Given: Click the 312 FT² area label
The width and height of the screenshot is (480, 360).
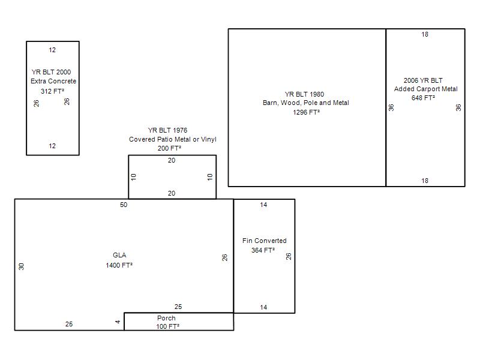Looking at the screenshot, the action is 52,91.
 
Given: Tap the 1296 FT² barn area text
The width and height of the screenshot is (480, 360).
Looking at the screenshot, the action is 306,112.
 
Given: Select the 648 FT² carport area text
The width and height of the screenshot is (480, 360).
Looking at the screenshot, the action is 423,98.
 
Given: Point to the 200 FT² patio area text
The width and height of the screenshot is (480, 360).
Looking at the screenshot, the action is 169,148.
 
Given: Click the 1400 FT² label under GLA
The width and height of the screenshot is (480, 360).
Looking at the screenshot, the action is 119,265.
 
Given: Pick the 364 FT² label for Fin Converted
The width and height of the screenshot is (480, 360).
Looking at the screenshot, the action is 263,250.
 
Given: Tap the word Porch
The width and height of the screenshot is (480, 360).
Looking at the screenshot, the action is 166,318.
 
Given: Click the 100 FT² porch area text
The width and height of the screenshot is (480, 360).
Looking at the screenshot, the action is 168,326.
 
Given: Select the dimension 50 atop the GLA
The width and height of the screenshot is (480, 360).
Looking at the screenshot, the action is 124,205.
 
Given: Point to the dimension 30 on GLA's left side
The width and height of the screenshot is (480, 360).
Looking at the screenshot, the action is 21,266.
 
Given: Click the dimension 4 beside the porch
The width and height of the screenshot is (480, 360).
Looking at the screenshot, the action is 118,322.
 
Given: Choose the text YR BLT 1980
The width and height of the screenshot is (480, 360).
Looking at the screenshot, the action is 304,94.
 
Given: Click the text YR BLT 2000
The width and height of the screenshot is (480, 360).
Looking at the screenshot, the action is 51,72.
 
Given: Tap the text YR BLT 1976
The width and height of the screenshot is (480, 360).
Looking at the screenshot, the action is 167,130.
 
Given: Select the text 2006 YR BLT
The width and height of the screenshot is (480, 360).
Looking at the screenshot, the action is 423,80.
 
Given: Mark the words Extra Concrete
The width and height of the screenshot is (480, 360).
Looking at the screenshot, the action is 53,81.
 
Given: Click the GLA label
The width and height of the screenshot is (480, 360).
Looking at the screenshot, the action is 119,255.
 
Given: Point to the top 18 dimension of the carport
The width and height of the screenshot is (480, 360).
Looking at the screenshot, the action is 425,34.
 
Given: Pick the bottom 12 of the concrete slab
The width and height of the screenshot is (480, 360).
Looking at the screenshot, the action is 52,146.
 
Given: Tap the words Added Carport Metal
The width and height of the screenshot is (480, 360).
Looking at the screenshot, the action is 426,89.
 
